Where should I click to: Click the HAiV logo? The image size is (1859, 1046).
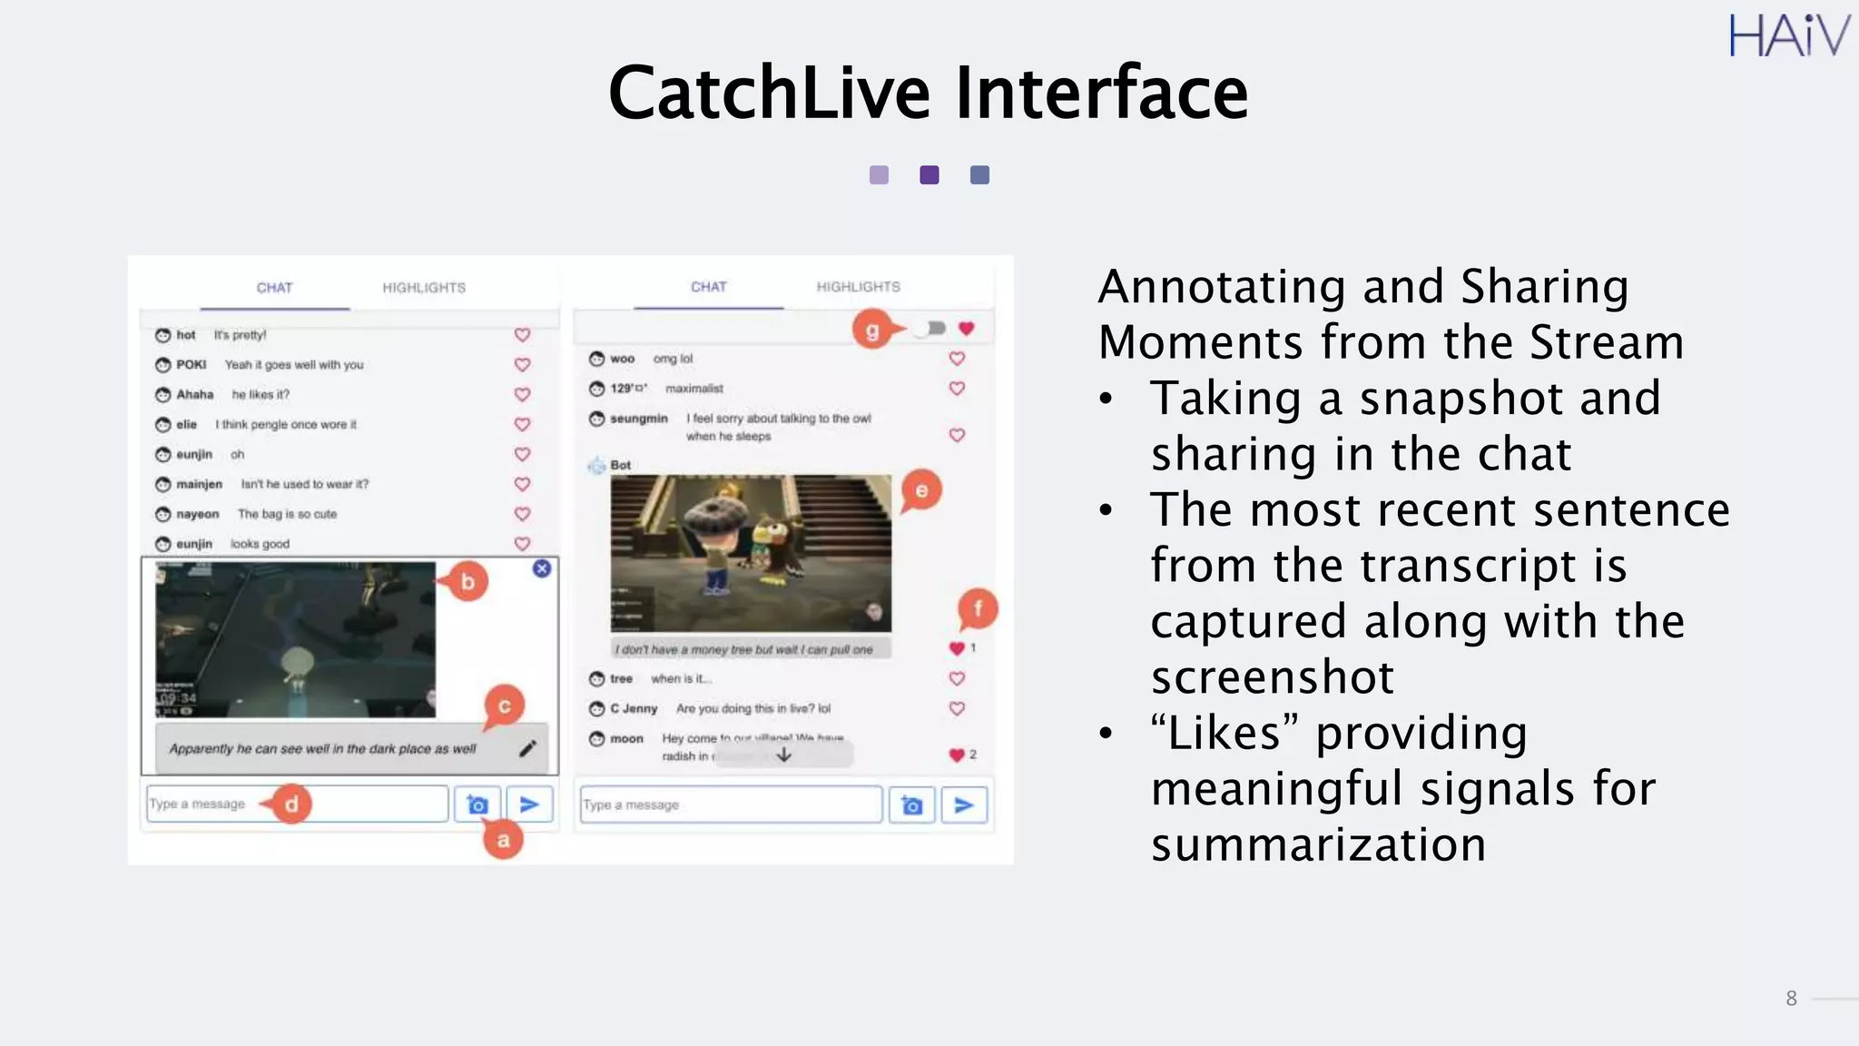point(1788,36)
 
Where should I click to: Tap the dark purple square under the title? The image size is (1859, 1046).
point(929,175)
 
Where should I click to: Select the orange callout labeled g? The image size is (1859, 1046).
point(871,330)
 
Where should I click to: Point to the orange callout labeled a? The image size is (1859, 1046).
point(503,840)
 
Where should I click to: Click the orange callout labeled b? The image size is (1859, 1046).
point(467,582)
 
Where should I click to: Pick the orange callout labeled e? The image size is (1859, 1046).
point(921,491)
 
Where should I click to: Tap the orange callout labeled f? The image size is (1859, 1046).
point(978,608)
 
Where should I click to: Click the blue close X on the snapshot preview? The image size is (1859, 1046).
point(542,568)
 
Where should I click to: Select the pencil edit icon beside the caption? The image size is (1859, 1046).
point(527,748)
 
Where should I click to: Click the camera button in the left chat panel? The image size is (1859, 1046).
point(477,804)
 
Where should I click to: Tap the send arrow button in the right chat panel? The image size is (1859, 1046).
point(964,804)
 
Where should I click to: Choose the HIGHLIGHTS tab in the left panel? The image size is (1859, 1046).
point(424,288)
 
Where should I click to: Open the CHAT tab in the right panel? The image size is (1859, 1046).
point(709,287)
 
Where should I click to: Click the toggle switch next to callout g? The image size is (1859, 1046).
point(930,328)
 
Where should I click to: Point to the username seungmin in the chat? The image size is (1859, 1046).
point(639,419)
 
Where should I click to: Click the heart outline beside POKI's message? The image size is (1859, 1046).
point(522,365)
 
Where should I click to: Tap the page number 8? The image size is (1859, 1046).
point(1791,999)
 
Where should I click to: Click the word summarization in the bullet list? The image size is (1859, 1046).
point(1318,844)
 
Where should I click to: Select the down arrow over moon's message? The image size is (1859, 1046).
point(784,755)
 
